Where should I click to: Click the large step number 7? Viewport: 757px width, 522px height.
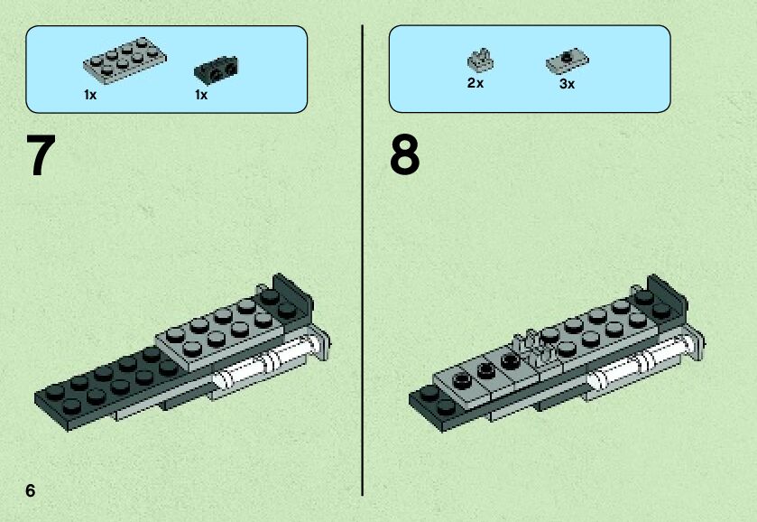click(x=41, y=154)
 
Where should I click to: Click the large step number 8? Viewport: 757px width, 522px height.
click(x=404, y=154)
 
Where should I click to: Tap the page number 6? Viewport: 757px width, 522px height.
click(x=31, y=490)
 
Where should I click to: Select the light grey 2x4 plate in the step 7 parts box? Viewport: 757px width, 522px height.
click(x=125, y=60)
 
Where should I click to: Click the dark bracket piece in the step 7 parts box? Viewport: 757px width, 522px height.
click(x=216, y=70)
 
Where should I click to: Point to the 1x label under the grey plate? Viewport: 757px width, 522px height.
click(x=90, y=95)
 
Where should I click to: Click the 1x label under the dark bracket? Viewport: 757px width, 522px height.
click(x=201, y=95)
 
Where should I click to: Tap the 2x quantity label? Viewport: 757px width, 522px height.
click(x=475, y=83)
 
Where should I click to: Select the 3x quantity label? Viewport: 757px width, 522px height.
click(x=568, y=84)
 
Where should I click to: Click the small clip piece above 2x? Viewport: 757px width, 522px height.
click(x=480, y=61)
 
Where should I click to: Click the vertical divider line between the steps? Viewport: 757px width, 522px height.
click(x=362, y=260)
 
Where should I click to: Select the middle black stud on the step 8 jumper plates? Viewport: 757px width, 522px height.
click(x=485, y=370)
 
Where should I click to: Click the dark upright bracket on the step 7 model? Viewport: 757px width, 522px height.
click(x=293, y=294)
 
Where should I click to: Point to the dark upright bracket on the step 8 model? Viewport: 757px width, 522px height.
click(x=667, y=294)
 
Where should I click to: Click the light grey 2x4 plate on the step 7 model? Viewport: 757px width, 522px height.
click(x=226, y=327)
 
